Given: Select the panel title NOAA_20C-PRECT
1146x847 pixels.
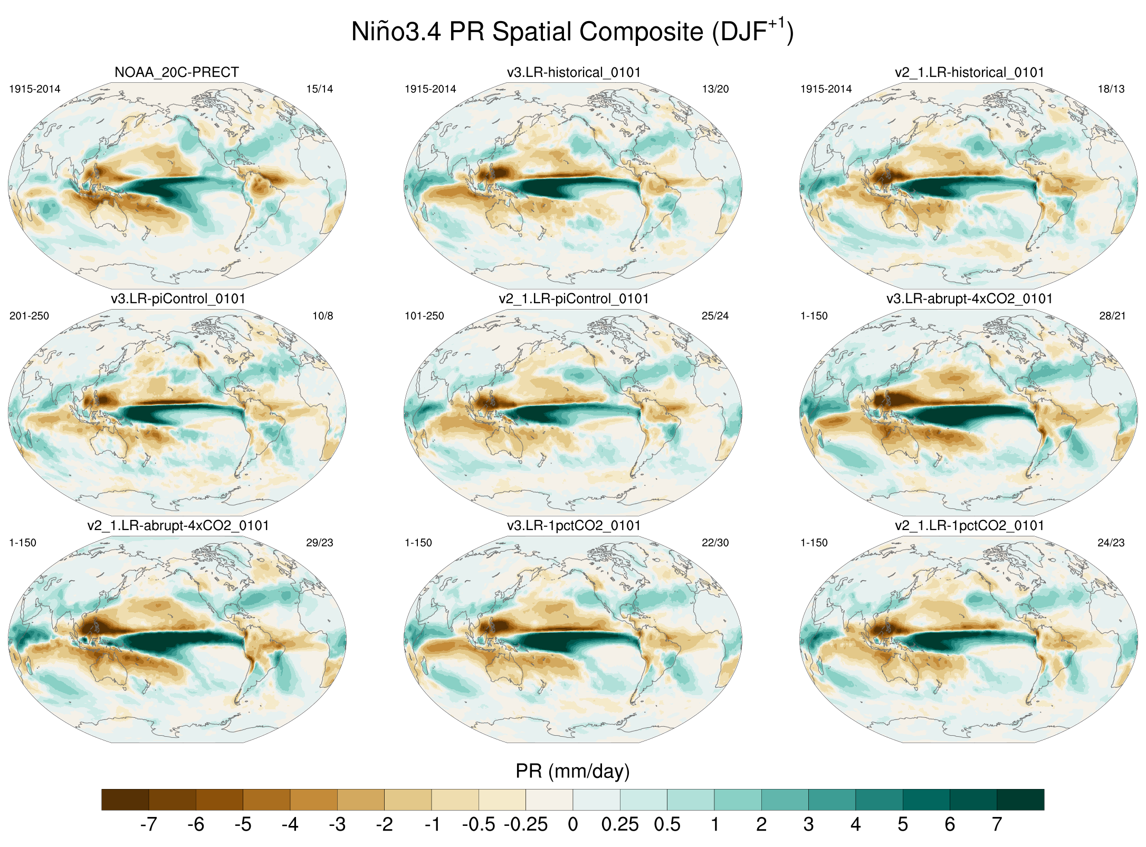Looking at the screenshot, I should (x=177, y=72).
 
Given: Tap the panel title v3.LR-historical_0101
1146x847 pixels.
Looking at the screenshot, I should (x=574, y=72).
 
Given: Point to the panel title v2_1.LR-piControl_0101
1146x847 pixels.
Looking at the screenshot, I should (x=574, y=299).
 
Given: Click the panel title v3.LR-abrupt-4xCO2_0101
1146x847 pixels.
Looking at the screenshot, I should (x=969, y=299).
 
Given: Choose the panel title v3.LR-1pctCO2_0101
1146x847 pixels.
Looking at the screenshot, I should (x=574, y=526).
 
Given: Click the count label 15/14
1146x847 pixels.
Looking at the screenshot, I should (x=320, y=89).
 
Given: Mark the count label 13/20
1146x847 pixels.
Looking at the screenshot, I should (x=715, y=89).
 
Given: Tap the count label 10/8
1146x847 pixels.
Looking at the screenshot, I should (x=322, y=316).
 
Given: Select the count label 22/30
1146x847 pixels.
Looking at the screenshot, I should (x=715, y=543).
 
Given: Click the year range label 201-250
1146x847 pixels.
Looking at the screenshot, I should (x=29, y=316).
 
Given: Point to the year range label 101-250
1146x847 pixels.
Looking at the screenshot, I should (x=424, y=316).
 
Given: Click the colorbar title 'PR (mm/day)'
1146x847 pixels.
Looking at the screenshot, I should (x=572, y=771).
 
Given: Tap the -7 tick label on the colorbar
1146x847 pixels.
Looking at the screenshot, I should (x=148, y=824).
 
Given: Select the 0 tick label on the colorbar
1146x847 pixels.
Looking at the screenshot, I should (x=573, y=824).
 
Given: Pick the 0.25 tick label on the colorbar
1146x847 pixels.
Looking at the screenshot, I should (x=620, y=824).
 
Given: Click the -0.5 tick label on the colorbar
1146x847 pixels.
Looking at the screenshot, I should (x=478, y=824).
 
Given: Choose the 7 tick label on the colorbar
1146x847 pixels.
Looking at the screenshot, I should (x=997, y=824).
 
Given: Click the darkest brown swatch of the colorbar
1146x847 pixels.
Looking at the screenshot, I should (x=125, y=800).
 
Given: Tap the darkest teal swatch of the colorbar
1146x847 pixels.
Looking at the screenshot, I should (x=1020, y=800).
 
